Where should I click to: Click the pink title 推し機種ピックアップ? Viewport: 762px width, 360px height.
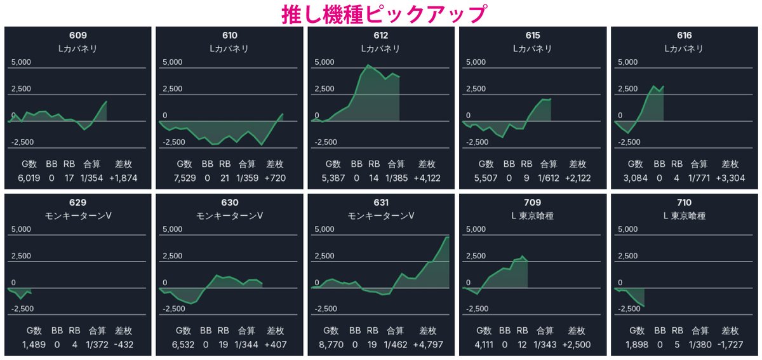point(384,15)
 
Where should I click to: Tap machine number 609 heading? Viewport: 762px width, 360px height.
point(78,35)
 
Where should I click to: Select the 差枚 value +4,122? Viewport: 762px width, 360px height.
point(427,178)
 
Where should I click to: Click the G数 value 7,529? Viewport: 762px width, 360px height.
point(185,178)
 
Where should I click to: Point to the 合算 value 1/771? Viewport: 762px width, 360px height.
point(699,178)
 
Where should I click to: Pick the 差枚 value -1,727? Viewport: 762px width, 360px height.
point(730,345)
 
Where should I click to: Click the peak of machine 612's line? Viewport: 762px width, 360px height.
point(368,65)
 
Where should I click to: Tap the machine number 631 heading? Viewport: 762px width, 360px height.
point(381,203)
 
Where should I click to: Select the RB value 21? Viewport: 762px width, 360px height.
point(225,178)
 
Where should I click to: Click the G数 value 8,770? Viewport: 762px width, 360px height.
point(331,345)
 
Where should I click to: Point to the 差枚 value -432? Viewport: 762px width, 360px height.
point(123,345)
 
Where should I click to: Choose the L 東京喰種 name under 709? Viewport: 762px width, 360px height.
point(532,216)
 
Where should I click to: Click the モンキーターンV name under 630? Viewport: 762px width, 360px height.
point(230,216)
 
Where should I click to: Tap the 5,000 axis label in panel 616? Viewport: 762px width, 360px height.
point(627,62)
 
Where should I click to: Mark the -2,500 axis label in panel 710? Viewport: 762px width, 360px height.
point(629,309)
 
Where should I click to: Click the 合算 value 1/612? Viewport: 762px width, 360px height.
point(549,178)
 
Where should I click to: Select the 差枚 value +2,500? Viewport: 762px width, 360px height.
point(577,345)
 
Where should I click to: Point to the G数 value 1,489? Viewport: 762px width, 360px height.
point(34,345)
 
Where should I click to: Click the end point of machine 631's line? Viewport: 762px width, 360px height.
point(448,237)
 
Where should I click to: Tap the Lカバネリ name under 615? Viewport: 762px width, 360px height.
point(532,49)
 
